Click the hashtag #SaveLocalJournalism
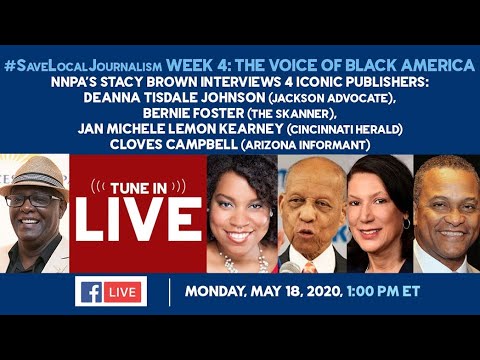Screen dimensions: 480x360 point(83,66)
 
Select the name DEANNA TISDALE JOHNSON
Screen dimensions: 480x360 point(174,97)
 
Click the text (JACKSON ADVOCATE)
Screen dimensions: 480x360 point(332,98)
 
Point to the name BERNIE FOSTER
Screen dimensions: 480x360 point(194,113)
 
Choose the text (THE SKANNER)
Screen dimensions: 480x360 point(292,114)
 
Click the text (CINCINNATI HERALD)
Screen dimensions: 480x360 point(345,129)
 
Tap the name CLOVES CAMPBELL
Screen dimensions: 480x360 point(174,144)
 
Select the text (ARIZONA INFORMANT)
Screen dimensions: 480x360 point(306,145)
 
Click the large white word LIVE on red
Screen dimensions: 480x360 point(139,219)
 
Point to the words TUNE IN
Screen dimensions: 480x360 point(139,189)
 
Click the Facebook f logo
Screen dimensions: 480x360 point(91,292)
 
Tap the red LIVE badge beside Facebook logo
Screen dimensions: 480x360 point(122,292)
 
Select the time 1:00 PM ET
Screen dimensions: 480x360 point(383,291)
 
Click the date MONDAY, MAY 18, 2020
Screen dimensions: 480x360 point(264,292)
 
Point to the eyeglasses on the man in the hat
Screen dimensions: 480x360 point(33,200)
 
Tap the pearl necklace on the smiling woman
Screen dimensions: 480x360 point(243,262)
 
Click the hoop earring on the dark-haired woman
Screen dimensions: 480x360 point(406,223)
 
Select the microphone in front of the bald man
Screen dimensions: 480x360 point(289,267)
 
